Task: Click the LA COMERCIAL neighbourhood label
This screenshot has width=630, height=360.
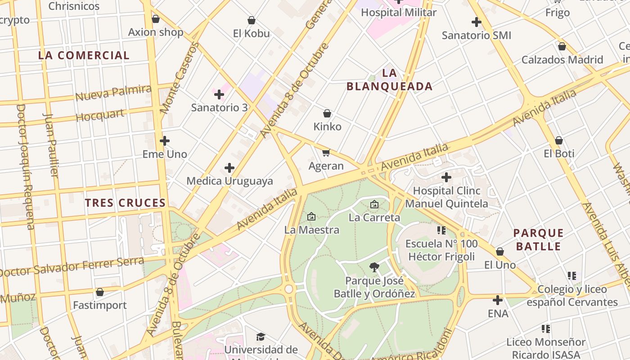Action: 84,55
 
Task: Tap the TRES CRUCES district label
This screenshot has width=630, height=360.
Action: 126,203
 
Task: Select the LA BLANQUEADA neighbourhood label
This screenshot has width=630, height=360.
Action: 390,80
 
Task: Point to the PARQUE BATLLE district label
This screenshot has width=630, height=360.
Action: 538,239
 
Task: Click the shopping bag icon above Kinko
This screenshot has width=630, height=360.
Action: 327,113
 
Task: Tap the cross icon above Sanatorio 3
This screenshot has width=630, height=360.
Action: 219,94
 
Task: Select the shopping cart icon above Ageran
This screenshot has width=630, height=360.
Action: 326,153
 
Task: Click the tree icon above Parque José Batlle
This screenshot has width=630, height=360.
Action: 374,268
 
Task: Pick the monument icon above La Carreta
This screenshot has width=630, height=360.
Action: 374,205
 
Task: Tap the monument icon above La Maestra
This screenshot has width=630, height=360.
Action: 311,217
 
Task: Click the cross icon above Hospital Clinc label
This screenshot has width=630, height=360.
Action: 446,177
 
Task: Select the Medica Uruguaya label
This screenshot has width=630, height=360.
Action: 229,181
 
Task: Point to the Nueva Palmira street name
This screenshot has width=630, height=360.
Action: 113,93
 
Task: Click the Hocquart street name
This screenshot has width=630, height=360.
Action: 100,115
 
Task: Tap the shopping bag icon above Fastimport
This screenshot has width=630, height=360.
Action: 100,292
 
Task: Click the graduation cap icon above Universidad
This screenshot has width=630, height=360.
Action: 261,337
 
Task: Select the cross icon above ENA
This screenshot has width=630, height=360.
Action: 497,300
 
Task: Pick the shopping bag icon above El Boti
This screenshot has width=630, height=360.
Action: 558,141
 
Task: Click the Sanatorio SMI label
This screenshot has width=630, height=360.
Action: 476,35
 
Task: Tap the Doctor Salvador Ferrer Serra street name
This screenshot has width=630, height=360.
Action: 72,266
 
